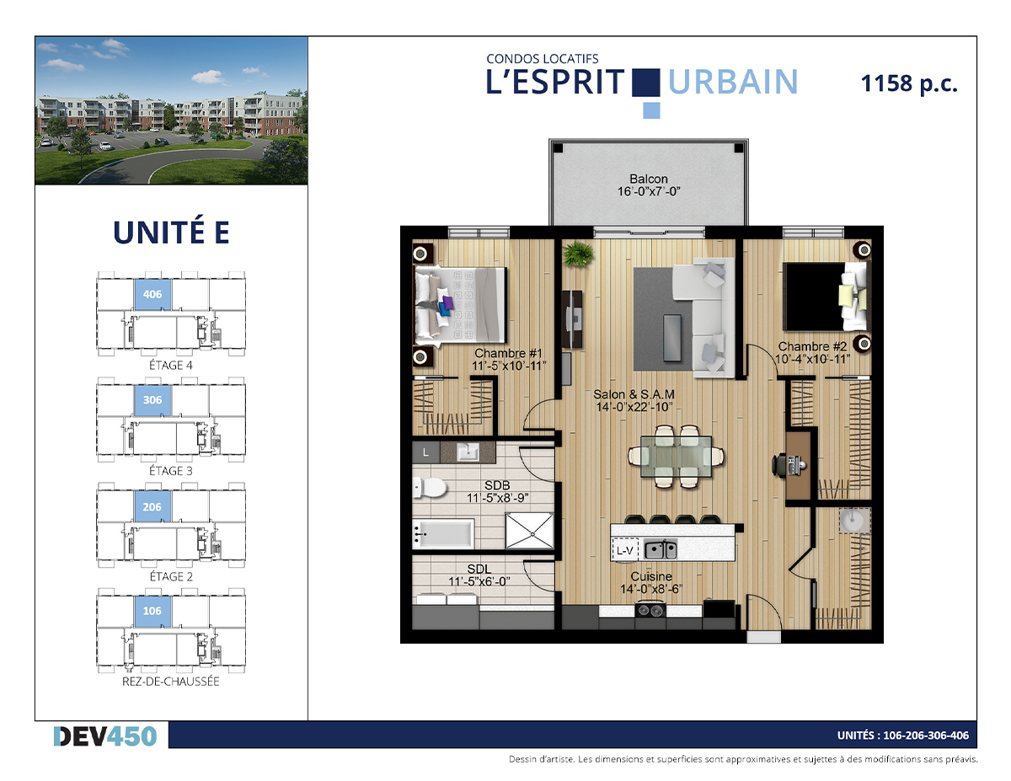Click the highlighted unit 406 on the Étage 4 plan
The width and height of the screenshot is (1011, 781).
click(x=152, y=294)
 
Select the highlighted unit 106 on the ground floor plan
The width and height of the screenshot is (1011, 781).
click(x=152, y=611)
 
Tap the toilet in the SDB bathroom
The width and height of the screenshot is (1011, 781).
click(x=430, y=488)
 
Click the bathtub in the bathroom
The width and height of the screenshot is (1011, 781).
click(x=443, y=533)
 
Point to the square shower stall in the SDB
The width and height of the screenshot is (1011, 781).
click(x=529, y=531)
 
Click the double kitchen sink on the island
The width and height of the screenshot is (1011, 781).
click(x=661, y=549)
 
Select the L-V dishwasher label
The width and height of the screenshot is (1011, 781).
click(x=624, y=551)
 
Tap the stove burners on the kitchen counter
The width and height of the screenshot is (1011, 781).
click(x=650, y=610)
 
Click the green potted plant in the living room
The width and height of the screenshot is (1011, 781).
click(x=577, y=254)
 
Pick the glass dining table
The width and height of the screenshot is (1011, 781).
click(x=676, y=457)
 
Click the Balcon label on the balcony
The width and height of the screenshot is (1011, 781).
click(x=649, y=179)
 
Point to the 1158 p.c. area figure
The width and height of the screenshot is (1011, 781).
click(x=909, y=84)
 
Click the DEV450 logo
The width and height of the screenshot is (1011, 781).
click(x=105, y=736)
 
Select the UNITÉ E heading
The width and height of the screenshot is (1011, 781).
click(x=171, y=232)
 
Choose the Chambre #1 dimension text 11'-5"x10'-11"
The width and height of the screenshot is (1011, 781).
click(x=509, y=366)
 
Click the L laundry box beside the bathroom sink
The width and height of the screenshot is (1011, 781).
click(x=425, y=452)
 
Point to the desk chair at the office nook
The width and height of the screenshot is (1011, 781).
click(x=778, y=464)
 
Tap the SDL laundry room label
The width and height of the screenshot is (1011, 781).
click(x=479, y=569)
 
